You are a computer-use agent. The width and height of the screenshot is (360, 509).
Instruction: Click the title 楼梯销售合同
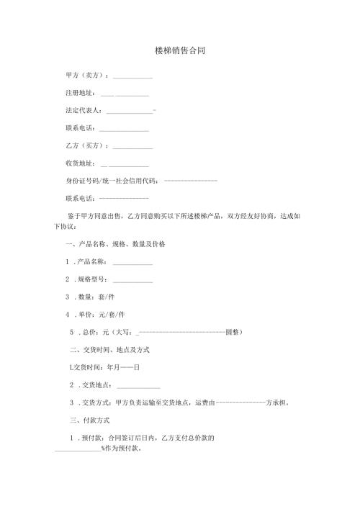180,53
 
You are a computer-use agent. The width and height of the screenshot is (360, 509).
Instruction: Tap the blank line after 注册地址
125,95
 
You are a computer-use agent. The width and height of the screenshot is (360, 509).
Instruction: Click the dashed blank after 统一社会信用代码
191,179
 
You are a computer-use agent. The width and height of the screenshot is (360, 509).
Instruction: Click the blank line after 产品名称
132,262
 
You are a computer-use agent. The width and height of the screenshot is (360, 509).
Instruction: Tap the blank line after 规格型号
132,279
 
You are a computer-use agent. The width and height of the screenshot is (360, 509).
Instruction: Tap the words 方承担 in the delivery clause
276,403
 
